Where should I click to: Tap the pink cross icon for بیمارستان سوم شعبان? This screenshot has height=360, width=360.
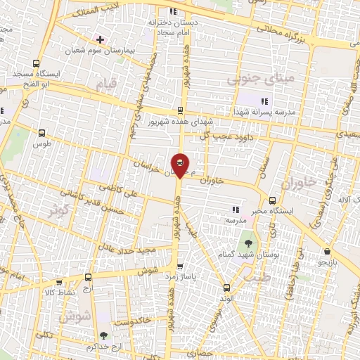(x=101, y=39)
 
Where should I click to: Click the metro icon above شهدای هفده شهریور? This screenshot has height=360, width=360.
(x=180, y=110)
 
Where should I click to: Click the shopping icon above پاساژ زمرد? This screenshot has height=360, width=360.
(x=181, y=266)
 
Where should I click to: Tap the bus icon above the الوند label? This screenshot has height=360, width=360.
(x=226, y=287)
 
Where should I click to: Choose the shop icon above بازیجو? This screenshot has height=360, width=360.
(x=327, y=251)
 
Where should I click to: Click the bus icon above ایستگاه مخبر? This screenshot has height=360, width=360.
(x=272, y=199)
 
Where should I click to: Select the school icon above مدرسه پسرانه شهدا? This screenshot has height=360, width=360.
(x=264, y=101)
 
